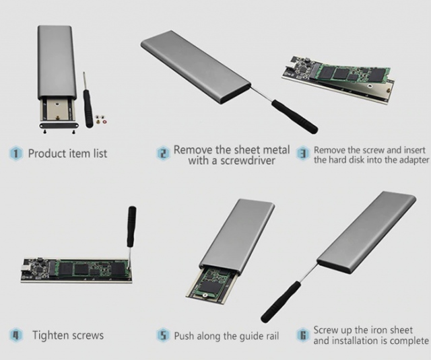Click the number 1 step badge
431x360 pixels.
pyautogui.click(x=15, y=153)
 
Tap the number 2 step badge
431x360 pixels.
pyautogui.click(x=162, y=153)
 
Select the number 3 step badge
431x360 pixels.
pyautogui.click(x=303, y=153)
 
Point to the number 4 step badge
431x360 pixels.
pyautogui.click(x=15, y=334)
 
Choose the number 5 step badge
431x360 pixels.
pyautogui.click(x=162, y=334)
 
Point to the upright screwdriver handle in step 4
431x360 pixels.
pyautogui.click(x=131, y=223)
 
